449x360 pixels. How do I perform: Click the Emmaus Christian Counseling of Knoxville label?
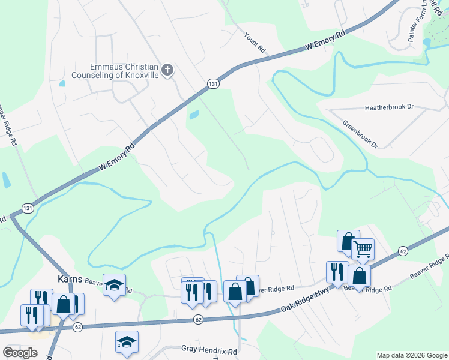[115, 71]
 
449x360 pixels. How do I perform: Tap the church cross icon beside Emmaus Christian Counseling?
[167, 71]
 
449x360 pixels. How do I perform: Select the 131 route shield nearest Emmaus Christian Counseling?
[213, 85]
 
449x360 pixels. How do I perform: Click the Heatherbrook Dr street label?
[390, 107]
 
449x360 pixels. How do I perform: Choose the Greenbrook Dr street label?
[360, 134]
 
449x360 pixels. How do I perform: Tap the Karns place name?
[69, 279]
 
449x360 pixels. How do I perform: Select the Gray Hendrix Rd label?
[209, 349]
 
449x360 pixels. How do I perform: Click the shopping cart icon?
[363, 249]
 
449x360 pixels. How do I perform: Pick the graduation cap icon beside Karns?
[114, 285]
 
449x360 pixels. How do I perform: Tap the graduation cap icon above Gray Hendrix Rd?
[127, 341]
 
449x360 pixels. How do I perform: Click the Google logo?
[20, 353]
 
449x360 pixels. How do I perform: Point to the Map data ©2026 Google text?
[411, 355]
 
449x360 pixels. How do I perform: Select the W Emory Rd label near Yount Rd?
[327, 40]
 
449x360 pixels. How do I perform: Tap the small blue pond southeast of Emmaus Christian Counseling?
[193, 115]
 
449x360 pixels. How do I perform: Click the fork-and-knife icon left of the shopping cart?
[337, 272]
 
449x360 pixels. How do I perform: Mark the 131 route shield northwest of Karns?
[28, 208]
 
